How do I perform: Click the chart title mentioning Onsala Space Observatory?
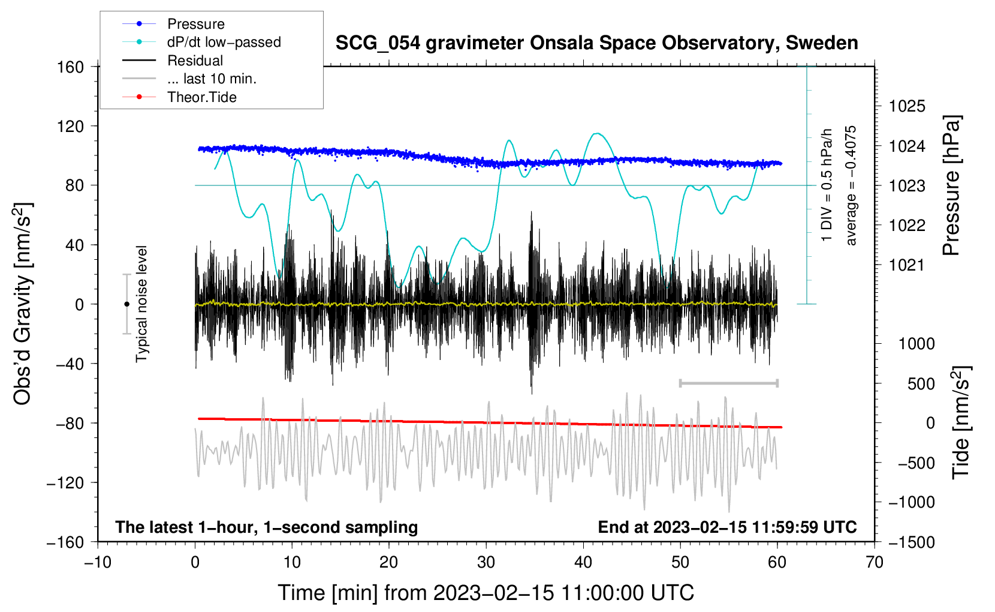(596, 43)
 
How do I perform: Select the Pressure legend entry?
(196, 23)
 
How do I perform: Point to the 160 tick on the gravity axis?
(71, 67)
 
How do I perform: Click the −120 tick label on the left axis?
(65, 482)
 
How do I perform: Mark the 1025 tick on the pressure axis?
(907, 106)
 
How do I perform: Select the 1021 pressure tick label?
(907, 265)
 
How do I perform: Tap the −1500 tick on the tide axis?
(912, 542)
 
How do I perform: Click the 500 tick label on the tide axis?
(921, 384)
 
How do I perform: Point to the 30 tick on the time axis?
(486, 562)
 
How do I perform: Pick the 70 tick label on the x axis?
(874, 562)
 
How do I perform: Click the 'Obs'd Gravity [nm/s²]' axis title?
(23, 304)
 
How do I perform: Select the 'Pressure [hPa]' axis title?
(951, 185)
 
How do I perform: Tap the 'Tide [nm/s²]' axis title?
(961, 422)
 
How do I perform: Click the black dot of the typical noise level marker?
(126, 304)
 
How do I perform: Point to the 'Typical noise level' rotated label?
(141, 304)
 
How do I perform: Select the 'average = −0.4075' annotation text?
(851, 185)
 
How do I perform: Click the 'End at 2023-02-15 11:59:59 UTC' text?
(727, 527)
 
